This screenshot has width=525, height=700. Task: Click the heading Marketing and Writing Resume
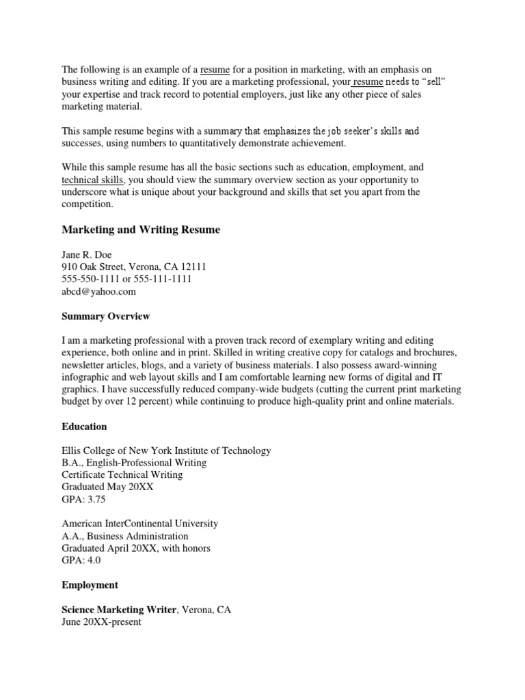(141, 230)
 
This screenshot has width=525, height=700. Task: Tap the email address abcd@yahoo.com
(98, 291)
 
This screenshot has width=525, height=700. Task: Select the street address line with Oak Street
(133, 267)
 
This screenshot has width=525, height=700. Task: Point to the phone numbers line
(126, 279)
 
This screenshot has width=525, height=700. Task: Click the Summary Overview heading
(105, 317)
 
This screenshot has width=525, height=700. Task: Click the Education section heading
(84, 427)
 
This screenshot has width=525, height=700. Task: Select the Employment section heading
(90, 585)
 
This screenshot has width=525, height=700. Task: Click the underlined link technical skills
(92, 179)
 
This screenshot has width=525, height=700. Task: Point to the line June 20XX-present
(101, 623)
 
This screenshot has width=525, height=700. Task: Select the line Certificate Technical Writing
(122, 475)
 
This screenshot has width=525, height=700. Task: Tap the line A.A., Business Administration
(124, 536)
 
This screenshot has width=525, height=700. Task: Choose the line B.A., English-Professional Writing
(134, 463)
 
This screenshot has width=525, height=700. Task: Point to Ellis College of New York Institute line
(166, 450)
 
